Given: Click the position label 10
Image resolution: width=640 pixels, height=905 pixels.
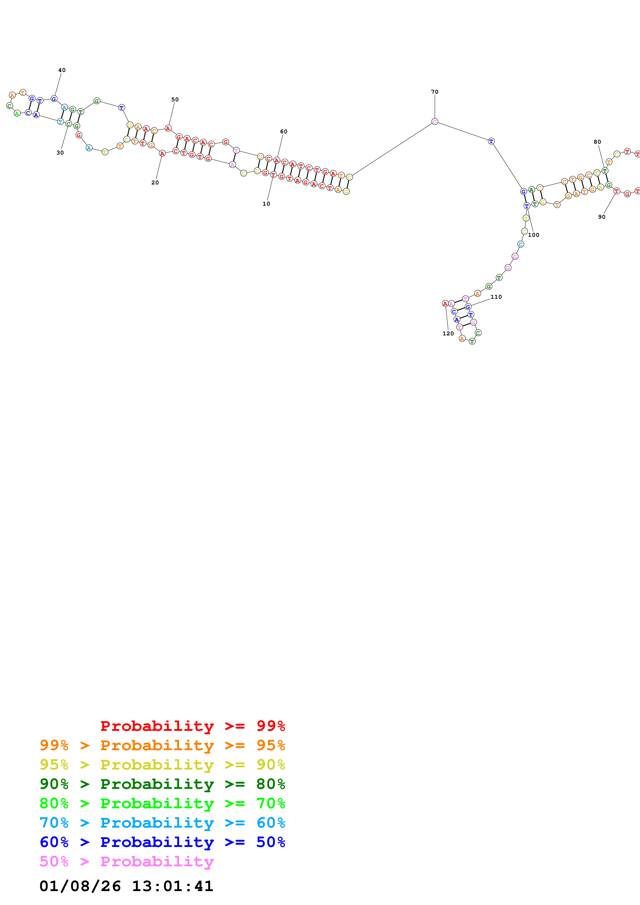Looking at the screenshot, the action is pyautogui.click(x=266, y=204).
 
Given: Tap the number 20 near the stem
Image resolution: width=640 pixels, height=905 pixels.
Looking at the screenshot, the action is pyautogui.click(x=155, y=182).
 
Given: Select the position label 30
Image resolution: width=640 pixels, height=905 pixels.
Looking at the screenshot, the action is pyautogui.click(x=60, y=152).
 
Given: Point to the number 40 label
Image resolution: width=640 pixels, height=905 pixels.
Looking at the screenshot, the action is pyautogui.click(x=62, y=70).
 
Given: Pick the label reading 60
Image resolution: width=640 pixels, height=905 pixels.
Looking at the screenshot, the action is pyautogui.click(x=283, y=131).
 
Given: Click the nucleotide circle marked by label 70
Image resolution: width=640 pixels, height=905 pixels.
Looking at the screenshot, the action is pyautogui.click(x=434, y=122).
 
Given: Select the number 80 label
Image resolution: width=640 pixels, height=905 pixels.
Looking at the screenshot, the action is pyautogui.click(x=597, y=142).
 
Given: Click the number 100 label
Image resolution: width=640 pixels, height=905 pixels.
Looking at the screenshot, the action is pyautogui.click(x=534, y=235).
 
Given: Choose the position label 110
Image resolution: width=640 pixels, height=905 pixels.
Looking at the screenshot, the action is pyautogui.click(x=496, y=297).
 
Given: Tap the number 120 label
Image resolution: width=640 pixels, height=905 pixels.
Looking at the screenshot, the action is pyautogui.click(x=448, y=334).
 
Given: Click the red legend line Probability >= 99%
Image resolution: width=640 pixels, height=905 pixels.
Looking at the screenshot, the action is pyautogui.click(x=192, y=726).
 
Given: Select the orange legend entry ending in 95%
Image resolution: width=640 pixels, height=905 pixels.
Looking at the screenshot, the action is pyautogui.click(x=162, y=745).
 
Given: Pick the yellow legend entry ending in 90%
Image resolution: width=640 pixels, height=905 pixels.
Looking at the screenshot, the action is pyautogui.click(x=162, y=765).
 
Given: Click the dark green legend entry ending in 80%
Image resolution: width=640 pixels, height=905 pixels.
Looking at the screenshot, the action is pyautogui.click(x=162, y=784).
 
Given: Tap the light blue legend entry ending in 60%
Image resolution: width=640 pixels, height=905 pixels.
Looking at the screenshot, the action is pyautogui.click(x=162, y=823).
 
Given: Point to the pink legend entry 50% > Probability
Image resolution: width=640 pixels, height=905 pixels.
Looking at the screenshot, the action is pyautogui.click(x=127, y=861).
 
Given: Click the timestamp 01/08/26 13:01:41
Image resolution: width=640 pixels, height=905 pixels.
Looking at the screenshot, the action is pyautogui.click(x=126, y=886).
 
